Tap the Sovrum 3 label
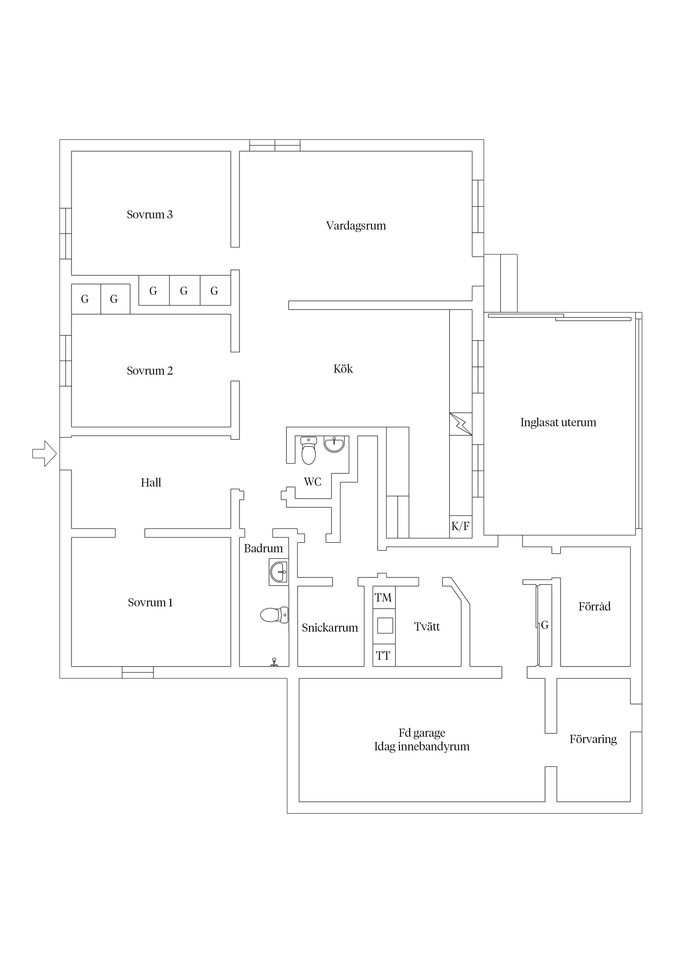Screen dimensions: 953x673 150,215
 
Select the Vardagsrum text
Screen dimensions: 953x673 356,226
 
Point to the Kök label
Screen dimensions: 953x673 343,369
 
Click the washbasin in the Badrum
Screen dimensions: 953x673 278,572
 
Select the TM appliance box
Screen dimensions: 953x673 383,598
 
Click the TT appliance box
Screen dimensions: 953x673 383,656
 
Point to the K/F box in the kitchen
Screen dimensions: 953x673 460,526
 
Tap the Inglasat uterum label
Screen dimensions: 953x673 558,422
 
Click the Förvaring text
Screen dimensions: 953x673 593,739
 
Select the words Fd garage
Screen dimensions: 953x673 422,733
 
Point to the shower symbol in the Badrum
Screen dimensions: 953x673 274,662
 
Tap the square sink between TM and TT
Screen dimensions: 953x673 385,626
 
